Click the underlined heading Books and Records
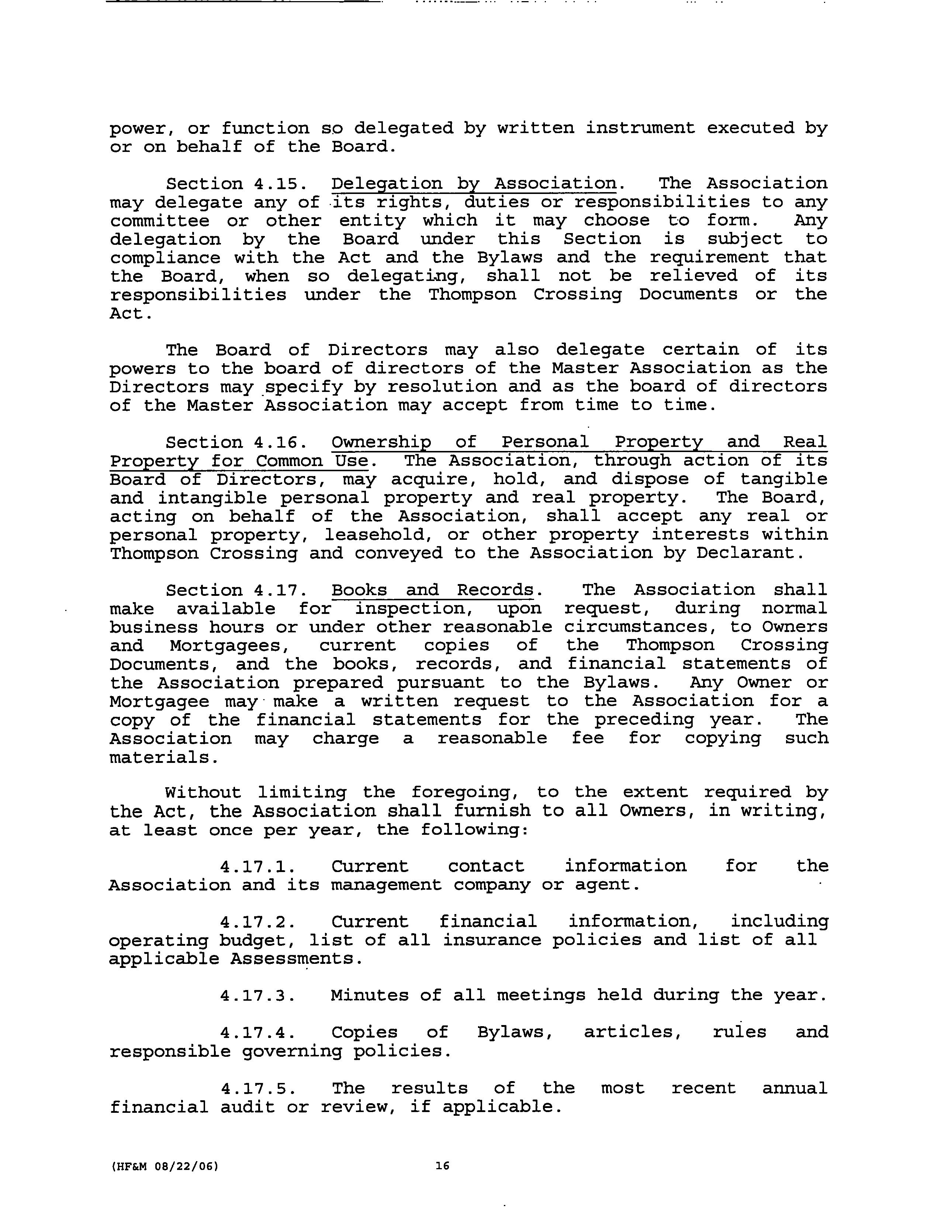[432, 590]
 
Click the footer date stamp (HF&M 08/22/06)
[164, 1166]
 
